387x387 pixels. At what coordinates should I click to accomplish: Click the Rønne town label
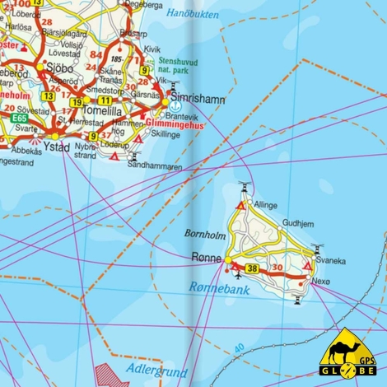coord(207,257)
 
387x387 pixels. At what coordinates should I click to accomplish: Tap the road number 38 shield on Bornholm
coord(252,268)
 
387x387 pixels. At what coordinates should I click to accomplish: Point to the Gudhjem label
coord(298,223)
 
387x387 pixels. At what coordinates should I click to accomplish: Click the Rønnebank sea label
coord(217,287)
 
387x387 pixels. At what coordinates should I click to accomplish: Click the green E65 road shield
coord(20,119)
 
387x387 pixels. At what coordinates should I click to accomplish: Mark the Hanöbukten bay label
coord(193,14)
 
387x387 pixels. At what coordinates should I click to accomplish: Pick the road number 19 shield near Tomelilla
coord(76,102)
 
